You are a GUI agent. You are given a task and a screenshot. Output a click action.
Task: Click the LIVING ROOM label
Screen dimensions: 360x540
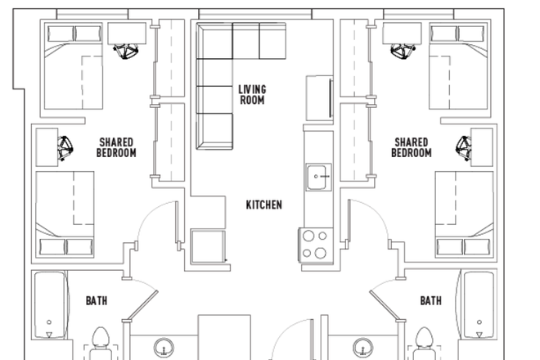[252, 94]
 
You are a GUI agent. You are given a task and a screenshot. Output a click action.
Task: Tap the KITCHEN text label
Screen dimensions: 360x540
[264, 205]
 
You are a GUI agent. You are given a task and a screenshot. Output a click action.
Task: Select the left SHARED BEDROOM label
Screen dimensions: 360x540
[116, 147]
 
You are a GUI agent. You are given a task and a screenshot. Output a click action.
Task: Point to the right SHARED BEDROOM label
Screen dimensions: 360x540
[411, 147]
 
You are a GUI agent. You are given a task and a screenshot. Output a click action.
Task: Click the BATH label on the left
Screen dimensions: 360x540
[97, 301]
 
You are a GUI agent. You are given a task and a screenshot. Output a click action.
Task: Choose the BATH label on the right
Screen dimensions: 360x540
[431, 301]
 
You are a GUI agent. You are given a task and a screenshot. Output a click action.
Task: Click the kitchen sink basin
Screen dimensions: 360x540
[317, 176]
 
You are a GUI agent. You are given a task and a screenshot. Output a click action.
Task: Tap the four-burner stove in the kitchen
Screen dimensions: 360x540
[315, 244]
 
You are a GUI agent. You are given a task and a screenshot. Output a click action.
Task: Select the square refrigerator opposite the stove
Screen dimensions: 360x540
[208, 246]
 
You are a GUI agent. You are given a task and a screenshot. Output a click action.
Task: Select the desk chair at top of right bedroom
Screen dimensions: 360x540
[401, 52]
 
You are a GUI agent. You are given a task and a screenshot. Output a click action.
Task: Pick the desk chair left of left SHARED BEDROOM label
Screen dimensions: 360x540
[65, 148]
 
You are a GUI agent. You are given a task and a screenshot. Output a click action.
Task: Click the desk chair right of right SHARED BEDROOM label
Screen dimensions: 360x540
[465, 147]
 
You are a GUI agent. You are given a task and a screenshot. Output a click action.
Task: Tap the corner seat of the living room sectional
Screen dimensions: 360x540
[214, 42]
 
